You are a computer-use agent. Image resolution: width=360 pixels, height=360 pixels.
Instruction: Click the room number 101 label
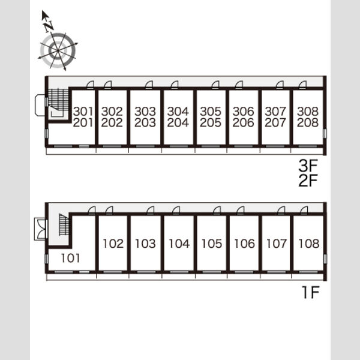click(x=70, y=258)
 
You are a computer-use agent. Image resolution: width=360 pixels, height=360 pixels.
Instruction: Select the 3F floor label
click(x=308, y=166)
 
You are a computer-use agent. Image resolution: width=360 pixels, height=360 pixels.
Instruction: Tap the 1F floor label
click(x=311, y=292)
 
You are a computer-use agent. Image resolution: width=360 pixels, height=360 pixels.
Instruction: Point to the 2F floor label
click(x=308, y=180)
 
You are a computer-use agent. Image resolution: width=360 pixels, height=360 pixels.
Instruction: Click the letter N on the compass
click(x=49, y=26)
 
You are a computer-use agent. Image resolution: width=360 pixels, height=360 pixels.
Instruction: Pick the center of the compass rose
click(x=58, y=50)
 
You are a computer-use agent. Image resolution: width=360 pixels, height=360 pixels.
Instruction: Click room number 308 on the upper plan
click(x=308, y=112)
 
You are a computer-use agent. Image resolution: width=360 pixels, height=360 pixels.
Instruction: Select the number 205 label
click(x=211, y=122)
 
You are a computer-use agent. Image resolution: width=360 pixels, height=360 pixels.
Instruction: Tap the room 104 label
click(x=179, y=244)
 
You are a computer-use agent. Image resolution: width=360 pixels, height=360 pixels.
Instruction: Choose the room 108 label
click(x=309, y=244)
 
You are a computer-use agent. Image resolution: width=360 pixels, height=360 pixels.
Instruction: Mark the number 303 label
click(x=145, y=112)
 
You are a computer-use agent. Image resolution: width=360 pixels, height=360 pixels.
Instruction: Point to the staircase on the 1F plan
click(x=64, y=224)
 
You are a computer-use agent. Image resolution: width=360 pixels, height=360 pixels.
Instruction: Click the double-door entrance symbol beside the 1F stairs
click(x=40, y=229)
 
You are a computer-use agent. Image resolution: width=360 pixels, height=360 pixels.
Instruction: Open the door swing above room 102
click(x=109, y=210)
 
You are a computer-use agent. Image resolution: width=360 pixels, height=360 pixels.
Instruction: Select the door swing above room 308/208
click(x=302, y=85)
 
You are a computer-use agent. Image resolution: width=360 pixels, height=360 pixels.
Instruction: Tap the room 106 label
click(x=244, y=244)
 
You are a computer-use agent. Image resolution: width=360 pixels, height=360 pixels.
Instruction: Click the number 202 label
click(x=112, y=122)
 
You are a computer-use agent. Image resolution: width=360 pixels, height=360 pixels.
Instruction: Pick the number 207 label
click(x=275, y=122)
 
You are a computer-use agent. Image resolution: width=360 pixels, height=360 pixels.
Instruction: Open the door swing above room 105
click(x=217, y=210)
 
